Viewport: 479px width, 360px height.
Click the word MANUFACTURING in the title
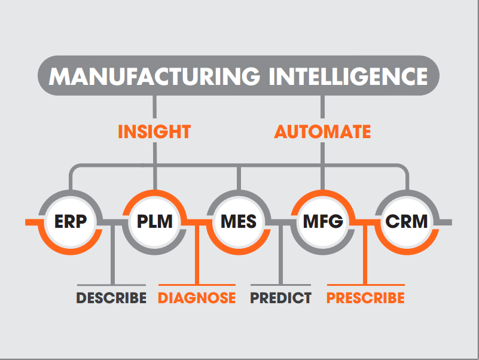(x=154, y=76)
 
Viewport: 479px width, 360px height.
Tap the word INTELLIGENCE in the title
(x=348, y=76)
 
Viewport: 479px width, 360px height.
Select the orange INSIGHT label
(x=154, y=132)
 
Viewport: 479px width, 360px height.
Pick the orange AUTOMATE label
(x=322, y=132)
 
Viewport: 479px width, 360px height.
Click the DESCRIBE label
(x=111, y=298)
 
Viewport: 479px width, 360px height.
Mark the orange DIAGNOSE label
(x=197, y=298)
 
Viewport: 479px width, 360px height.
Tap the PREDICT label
(x=280, y=298)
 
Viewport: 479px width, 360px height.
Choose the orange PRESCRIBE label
(x=365, y=298)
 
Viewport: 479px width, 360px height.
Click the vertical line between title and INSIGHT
(x=154, y=106)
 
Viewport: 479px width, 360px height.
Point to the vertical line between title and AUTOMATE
(x=322, y=106)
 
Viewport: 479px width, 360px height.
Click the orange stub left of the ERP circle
(x=32, y=222)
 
